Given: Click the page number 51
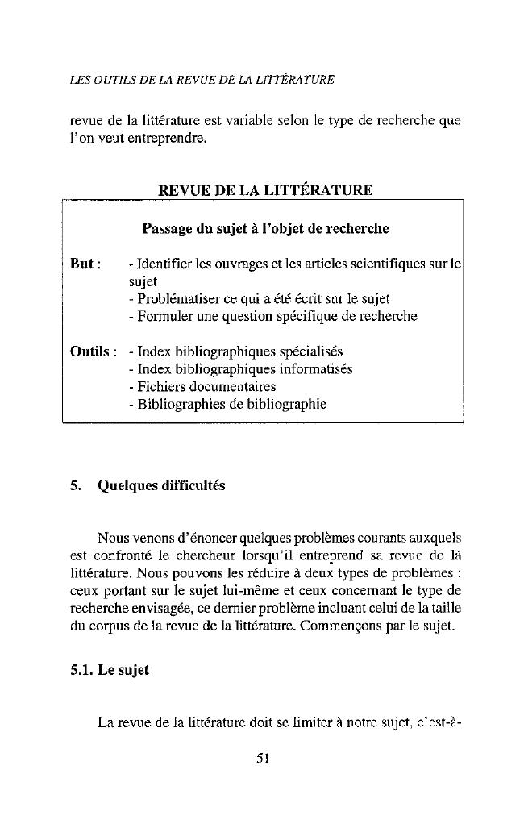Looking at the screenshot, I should [x=261, y=757].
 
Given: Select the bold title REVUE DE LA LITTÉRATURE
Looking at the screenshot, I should [x=265, y=190].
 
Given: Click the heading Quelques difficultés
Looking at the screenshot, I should [x=161, y=485].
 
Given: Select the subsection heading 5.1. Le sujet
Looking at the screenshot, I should [x=109, y=670].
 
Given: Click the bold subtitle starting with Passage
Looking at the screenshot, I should [x=265, y=228].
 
